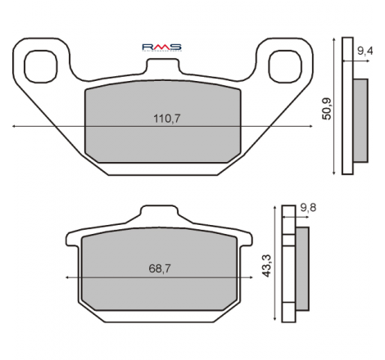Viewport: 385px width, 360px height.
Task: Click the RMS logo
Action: point(162,47)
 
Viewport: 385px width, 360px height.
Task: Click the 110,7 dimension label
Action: point(167,119)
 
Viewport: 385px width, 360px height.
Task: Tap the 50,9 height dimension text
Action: point(327,109)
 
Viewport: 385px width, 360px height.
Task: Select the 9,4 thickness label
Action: point(365,51)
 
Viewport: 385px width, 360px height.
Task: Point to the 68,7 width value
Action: point(160,269)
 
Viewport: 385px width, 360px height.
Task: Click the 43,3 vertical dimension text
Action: point(266,266)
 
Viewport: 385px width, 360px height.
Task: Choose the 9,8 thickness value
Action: point(308,208)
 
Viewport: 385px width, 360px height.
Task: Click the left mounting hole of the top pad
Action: point(41,66)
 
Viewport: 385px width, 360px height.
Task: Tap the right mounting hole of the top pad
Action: point(285,66)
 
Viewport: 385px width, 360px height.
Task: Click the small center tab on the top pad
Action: point(163,65)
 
